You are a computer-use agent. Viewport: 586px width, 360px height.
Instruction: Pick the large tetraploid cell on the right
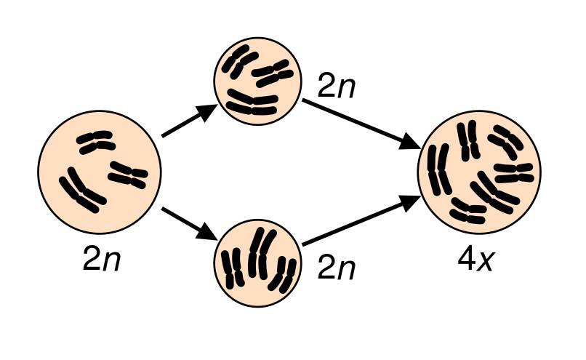click(x=480, y=172)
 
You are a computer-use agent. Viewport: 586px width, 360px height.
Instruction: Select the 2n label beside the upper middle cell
click(x=336, y=87)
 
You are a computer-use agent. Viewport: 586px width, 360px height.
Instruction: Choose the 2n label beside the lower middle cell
click(x=336, y=269)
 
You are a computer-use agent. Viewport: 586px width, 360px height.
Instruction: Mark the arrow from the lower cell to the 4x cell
click(x=361, y=224)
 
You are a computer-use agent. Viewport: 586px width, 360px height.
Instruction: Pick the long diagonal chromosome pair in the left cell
click(x=83, y=191)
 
